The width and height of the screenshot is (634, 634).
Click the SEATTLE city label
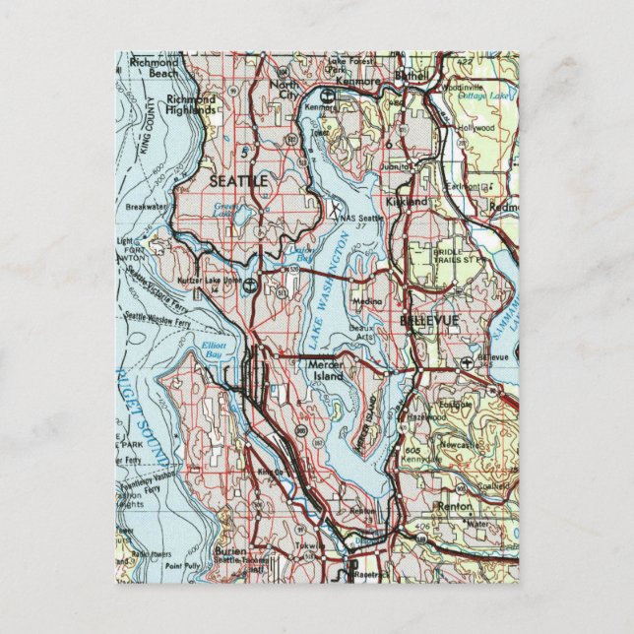point(236,181)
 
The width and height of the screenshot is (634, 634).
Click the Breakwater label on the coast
point(148,207)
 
